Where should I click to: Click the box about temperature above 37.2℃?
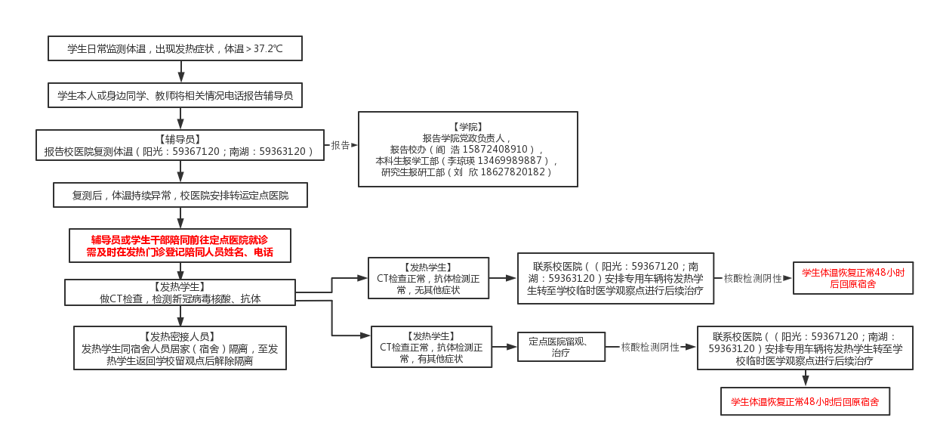tap(174, 48)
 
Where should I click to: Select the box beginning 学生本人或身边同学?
tap(174, 95)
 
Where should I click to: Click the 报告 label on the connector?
tap(340, 146)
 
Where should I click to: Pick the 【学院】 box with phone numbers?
tap(467, 149)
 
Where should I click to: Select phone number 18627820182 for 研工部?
tap(513, 172)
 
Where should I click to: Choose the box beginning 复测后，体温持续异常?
tap(180, 195)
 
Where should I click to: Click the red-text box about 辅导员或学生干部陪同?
tap(180, 246)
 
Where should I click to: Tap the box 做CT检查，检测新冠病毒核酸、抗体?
tap(180, 292)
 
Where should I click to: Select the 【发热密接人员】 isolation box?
tap(180, 348)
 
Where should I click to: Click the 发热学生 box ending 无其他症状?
tap(428, 278)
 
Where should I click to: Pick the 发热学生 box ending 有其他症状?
tap(431, 347)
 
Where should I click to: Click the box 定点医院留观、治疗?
tap(561, 347)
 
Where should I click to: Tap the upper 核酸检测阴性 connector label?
tap(753, 278)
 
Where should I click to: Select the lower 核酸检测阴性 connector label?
tap(650, 348)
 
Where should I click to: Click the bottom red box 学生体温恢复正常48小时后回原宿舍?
tap(805, 402)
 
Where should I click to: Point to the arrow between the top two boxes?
tap(181, 73)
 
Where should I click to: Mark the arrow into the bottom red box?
tap(805, 378)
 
